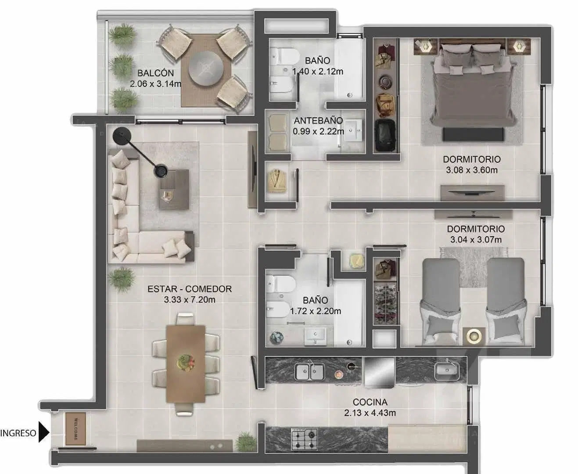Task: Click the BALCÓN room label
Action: [155, 73]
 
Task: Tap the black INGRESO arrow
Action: [44, 432]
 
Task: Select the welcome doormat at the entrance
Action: [75, 429]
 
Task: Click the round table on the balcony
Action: [206, 68]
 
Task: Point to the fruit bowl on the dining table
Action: [186, 363]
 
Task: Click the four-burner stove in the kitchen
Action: [305, 439]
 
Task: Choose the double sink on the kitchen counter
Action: [309, 371]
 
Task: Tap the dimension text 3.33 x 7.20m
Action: [190, 300]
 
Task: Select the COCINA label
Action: [370, 402]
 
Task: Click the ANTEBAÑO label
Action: [319, 121]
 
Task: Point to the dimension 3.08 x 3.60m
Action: [472, 170]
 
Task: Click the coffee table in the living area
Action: [174, 190]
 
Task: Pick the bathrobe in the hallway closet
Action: [277, 181]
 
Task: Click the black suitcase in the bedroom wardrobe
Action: [385, 135]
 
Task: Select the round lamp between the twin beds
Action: [474, 336]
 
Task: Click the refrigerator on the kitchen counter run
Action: [380, 373]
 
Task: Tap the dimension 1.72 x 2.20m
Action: [316, 311]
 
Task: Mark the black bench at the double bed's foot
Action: [473, 134]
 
